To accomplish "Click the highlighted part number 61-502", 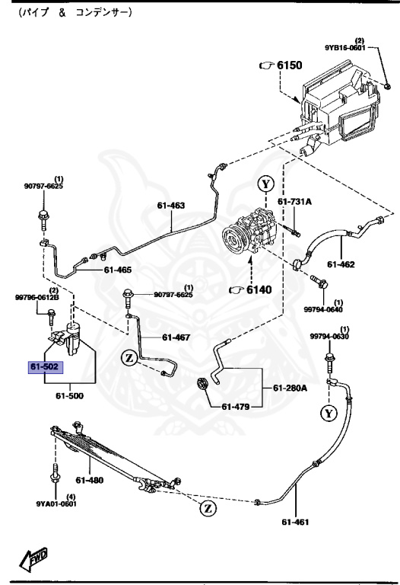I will (44, 368).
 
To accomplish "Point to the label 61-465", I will (117, 270).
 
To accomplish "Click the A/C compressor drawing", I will (250, 235).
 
